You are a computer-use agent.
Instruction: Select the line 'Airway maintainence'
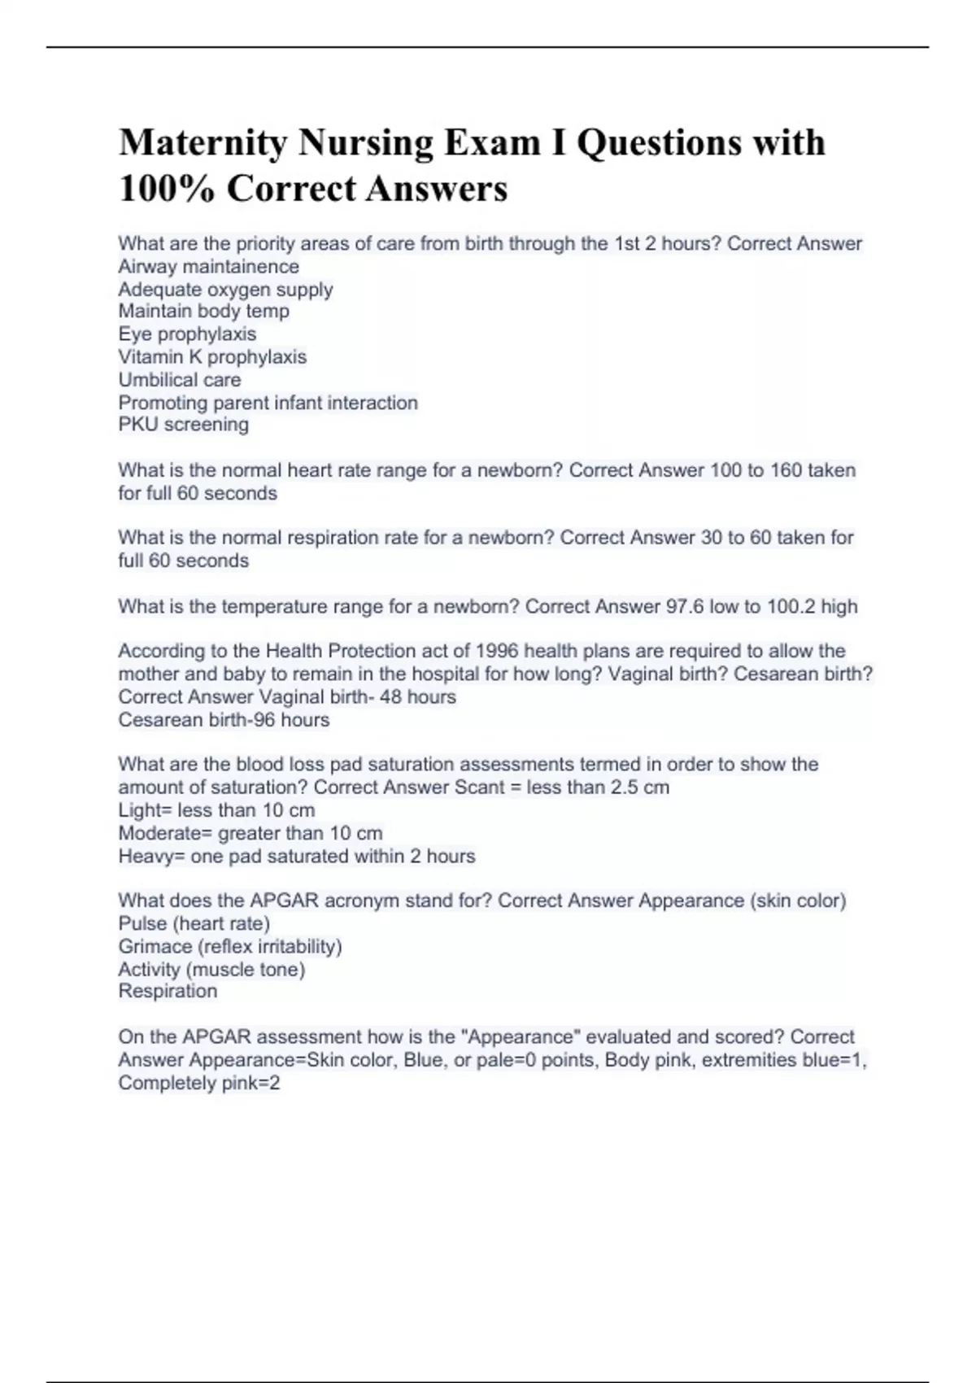[209, 267]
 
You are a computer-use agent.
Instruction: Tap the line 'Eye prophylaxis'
[187, 334]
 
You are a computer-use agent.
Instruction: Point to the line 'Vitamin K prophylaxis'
[212, 357]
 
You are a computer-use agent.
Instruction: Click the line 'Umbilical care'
[180, 380]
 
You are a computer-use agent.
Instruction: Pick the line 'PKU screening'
[184, 425]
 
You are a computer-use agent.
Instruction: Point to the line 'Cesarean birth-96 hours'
[224, 720]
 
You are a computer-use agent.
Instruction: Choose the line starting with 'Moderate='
[251, 833]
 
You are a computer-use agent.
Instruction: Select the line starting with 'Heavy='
[297, 856]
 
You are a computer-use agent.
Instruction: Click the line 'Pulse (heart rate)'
[194, 923]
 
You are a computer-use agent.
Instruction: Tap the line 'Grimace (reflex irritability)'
[230, 946]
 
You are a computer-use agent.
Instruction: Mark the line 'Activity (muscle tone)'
[211, 969]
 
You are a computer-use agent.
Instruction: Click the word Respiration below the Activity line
[168, 991]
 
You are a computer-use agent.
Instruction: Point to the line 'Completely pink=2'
[199, 1083]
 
